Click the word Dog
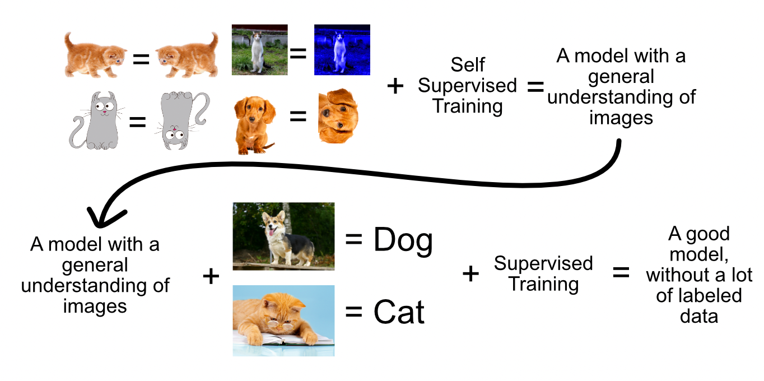[403, 241]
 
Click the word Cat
[399, 313]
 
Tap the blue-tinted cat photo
[342, 50]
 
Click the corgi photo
[283, 236]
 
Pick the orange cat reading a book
[283, 320]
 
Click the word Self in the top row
[468, 65]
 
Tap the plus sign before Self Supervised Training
[395, 86]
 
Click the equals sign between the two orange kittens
[141, 58]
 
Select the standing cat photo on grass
[259, 50]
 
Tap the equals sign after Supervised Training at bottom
[619, 273]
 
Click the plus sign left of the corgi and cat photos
[211, 276]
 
